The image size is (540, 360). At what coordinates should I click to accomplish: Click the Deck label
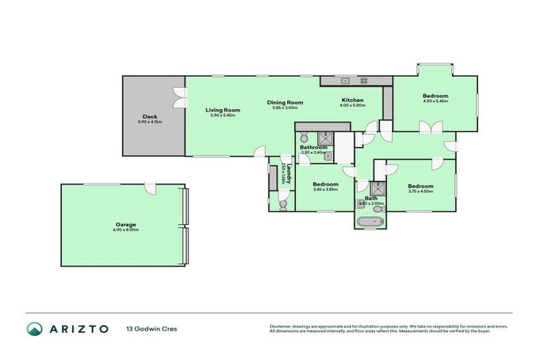click(x=149, y=117)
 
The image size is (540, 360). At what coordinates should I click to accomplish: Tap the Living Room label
click(x=223, y=110)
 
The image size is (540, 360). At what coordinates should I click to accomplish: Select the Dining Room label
click(x=284, y=103)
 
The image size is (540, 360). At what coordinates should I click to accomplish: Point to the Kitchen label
click(x=353, y=100)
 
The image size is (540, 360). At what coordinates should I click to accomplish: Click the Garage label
click(x=126, y=225)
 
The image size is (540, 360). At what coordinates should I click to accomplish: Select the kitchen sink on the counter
click(x=347, y=80)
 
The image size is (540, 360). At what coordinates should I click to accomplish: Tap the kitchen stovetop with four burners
click(x=365, y=80)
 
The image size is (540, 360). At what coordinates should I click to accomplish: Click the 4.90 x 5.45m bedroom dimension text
click(x=435, y=101)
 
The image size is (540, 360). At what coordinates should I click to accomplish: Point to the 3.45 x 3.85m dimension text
click(x=326, y=190)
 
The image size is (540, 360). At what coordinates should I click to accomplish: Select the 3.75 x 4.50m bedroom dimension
click(x=420, y=191)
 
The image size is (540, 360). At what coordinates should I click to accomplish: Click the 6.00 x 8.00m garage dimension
click(x=126, y=231)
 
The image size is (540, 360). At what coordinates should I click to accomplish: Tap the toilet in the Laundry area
click(x=283, y=204)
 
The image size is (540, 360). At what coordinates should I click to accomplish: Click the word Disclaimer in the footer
click(x=282, y=326)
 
